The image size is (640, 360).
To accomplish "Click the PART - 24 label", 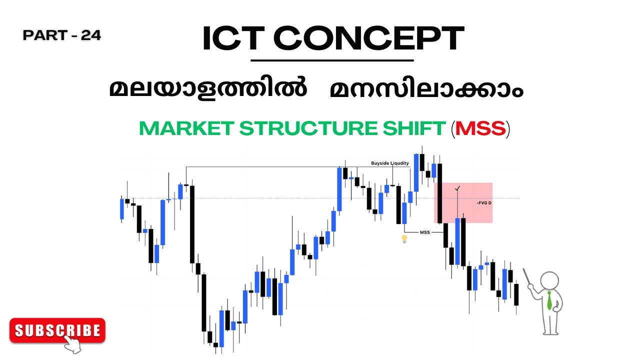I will point(62,35).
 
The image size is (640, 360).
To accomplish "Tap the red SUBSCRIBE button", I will point(57,330).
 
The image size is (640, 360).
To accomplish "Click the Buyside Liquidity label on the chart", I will point(390,163).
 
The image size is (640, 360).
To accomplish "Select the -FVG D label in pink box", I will point(484,203).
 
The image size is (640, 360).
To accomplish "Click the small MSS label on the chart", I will point(424,232).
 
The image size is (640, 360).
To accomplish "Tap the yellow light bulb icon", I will point(404,239).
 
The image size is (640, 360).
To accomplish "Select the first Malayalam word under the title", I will point(208,90).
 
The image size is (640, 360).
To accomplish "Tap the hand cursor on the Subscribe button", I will point(72,343).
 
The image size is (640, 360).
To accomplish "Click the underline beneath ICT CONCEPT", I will point(332,60).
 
